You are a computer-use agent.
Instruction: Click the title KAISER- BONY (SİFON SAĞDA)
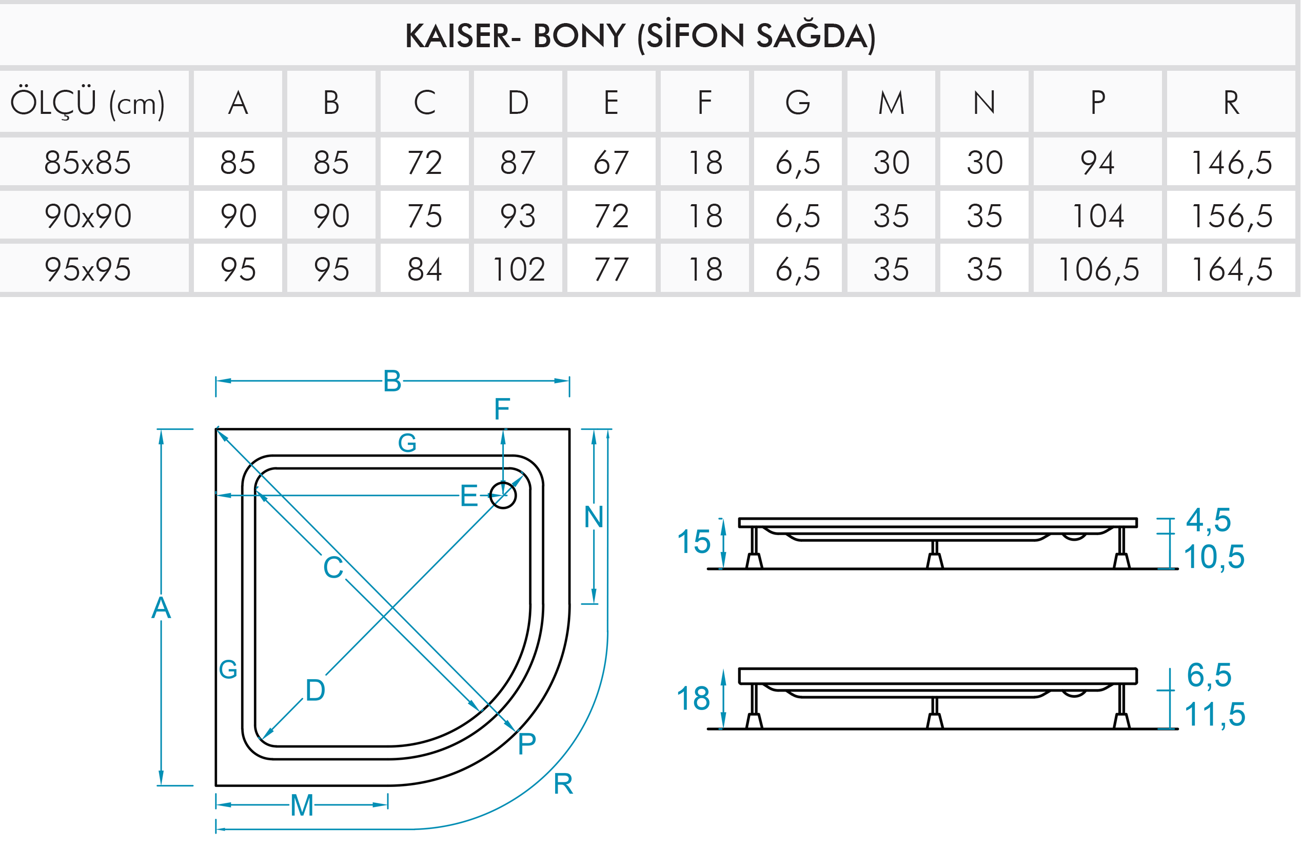tap(640, 36)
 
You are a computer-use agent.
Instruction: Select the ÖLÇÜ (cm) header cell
tap(87, 103)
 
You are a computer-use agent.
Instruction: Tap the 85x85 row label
tap(87, 163)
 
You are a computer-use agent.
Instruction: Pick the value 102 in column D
tap(518, 269)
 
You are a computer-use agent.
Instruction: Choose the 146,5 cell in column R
tap(1231, 163)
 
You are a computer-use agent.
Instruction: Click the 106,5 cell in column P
tap(1098, 269)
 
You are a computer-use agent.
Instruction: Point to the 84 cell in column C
tap(425, 269)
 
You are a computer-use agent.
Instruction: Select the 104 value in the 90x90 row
tap(1098, 215)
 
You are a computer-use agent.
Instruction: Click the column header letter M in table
tap(891, 103)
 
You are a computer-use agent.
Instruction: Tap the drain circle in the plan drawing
tap(503, 495)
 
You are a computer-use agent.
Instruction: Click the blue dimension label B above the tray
tap(392, 382)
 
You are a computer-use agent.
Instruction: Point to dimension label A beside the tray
tap(161, 608)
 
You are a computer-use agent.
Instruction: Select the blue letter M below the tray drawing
tap(302, 805)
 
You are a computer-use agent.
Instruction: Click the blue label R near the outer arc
tap(563, 783)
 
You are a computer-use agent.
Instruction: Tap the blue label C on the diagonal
tap(333, 567)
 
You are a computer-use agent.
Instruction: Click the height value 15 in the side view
tap(694, 541)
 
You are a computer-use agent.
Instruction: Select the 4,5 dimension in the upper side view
tap(1208, 520)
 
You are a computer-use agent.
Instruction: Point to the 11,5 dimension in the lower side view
tap(1214, 714)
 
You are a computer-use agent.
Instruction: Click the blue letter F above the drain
tap(502, 409)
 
